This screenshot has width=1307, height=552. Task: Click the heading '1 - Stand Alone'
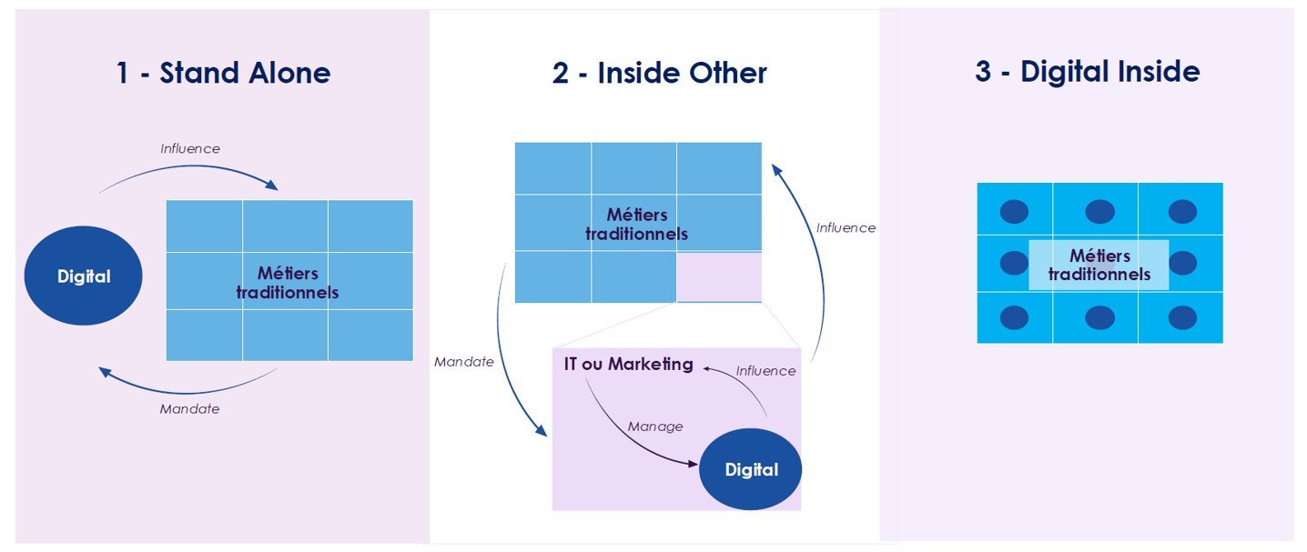point(223,73)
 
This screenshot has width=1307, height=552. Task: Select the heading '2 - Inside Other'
point(659,73)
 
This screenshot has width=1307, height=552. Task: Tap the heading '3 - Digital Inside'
point(1087,71)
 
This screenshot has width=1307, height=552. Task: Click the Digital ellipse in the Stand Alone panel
point(84,276)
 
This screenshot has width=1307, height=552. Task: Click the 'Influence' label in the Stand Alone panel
point(190,148)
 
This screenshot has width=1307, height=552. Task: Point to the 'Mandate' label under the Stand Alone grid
point(189,409)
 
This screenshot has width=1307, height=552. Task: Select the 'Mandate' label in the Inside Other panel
point(464,362)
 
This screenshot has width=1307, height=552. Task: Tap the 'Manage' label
point(655,427)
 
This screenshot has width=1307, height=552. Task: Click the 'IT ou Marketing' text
point(627,365)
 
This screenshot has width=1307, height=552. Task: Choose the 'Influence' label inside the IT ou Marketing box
point(765,371)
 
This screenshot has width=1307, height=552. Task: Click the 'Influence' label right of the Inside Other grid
point(846,228)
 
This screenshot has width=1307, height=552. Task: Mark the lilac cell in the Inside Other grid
point(719,276)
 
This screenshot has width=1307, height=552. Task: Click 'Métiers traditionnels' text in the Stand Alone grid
point(288,283)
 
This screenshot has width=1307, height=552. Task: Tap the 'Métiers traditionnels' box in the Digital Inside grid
point(1099,266)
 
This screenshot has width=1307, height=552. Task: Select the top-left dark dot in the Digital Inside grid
point(1014,212)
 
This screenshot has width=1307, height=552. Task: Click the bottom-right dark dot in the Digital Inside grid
point(1181,317)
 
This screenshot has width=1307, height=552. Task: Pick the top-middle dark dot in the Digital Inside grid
point(1098,212)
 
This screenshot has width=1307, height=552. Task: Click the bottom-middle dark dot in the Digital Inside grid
point(1098,317)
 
